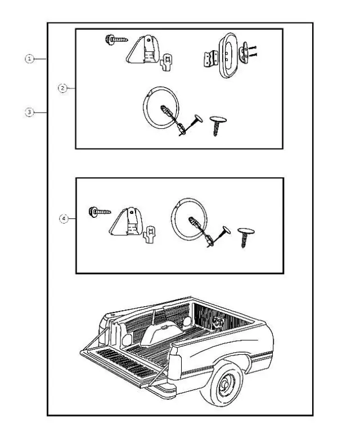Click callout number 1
(x=29, y=59)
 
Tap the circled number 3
(x=29, y=113)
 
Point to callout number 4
(x=64, y=218)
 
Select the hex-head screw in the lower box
(x=100, y=213)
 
